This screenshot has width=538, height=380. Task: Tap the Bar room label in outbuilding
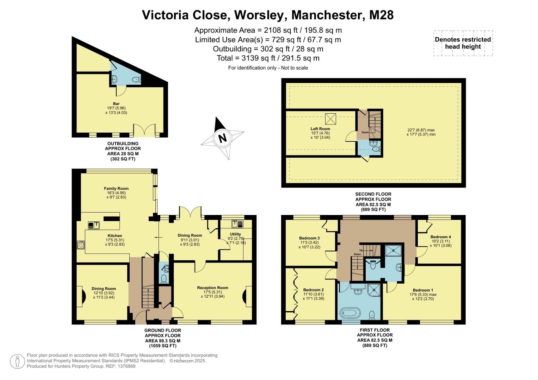[x=116, y=103]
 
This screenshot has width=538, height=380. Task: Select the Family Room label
[x=116, y=189]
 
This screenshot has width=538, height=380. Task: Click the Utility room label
[x=235, y=234]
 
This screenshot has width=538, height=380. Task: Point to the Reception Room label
[x=212, y=288]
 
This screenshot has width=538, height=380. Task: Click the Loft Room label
[x=320, y=129]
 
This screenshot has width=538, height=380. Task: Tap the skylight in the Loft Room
[x=330, y=119]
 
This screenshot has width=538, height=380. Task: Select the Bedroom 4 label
[x=440, y=237]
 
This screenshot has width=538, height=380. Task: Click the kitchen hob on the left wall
[x=81, y=245]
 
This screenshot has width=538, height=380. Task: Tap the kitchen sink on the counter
[x=94, y=225]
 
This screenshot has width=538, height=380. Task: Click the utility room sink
[x=236, y=223]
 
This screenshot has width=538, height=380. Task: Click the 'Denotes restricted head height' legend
[x=463, y=43]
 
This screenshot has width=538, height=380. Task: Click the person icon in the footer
[x=17, y=362]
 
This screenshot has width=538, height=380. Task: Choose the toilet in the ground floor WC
[x=163, y=279]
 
